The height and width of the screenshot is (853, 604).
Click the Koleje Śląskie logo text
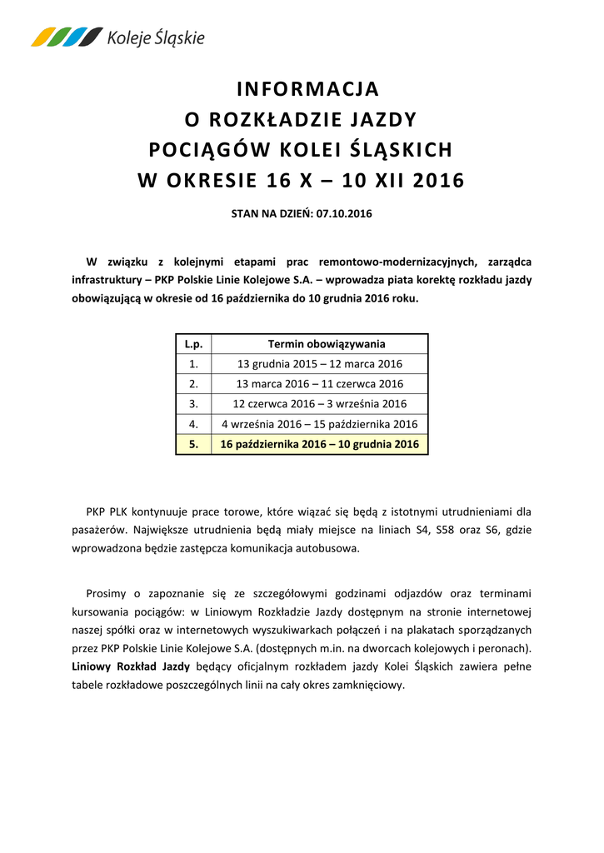155,37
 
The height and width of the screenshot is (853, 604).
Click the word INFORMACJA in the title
307,88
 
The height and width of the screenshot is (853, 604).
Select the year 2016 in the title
438,180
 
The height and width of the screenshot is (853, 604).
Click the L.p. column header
193,344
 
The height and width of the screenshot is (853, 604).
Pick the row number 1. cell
193,364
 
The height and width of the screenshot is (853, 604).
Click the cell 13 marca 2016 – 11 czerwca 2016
320,384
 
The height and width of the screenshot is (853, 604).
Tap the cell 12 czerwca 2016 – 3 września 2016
320,404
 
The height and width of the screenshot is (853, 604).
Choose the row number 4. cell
193,424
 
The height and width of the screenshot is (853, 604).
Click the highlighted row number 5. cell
193,444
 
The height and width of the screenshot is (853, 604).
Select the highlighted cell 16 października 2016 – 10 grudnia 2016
320,444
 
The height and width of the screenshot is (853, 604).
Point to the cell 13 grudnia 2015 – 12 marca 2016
320,364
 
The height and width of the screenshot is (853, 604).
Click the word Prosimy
106,593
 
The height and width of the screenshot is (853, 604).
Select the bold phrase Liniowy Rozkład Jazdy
131,666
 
